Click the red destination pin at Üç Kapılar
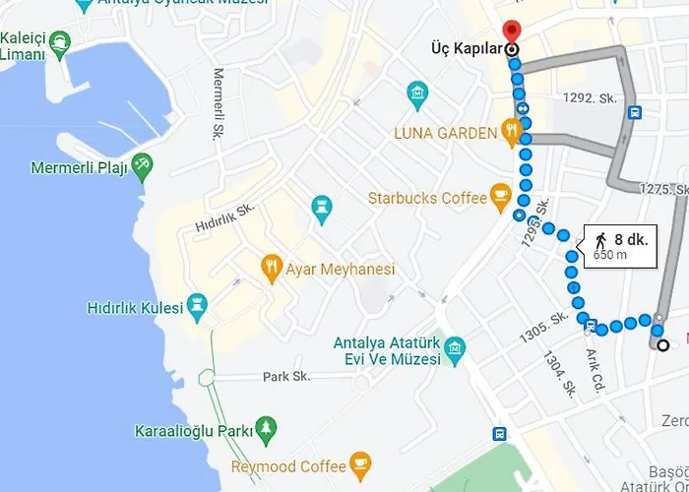[511, 31]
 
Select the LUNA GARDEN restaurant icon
[511, 130]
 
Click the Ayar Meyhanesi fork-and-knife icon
[271, 266]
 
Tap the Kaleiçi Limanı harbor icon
[61, 41]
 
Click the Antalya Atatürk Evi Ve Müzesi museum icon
[454, 347]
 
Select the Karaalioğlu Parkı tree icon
[265, 429]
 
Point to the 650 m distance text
[610, 256]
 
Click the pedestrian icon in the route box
[599, 239]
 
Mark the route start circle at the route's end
[663, 344]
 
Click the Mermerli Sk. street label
[219, 104]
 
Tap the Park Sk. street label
[286, 376]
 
